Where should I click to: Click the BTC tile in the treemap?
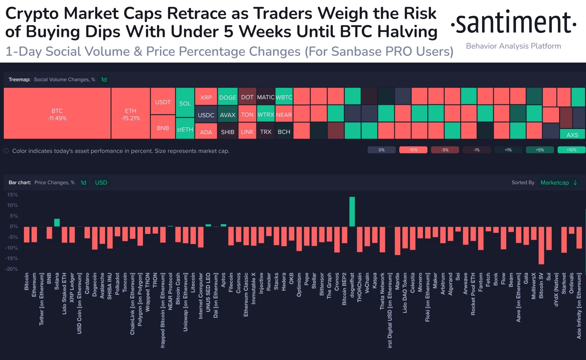pyautogui.click(x=57, y=113)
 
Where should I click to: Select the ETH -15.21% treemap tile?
pyautogui.click(x=130, y=113)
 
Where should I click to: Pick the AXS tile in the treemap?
pyautogui.click(x=572, y=134)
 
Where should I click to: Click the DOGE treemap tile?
pyautogui.click(x=228, y=97)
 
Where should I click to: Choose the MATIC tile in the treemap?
pyautogui.click(x=266, y=97)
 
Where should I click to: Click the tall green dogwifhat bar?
pyautogui.click(x=352, y=211)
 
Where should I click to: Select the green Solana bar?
pyautogui.click(x=57, y=223)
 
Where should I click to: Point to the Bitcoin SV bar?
pyautogui.click(x=541, y=245)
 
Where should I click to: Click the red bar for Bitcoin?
pyautogui.click(x=27, y=234)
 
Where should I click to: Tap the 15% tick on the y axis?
pyautogui.click(x=13, y=195)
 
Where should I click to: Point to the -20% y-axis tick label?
pyautogui.click(x=11, y=269)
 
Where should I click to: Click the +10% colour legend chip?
pyautogui.click(x=571, y=150)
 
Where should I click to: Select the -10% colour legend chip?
pyautogui.click(x=413, y=150)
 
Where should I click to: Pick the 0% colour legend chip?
pyautogui.click(x=382, y=150)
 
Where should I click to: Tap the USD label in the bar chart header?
pyautogui.click(x=101, y=182)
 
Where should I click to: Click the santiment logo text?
pyautogui.click(x=513, y=23)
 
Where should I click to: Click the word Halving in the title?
pyautogui.click(x=407, y=32)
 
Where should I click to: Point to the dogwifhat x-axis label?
pyautogui.click(x=352, y=287)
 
